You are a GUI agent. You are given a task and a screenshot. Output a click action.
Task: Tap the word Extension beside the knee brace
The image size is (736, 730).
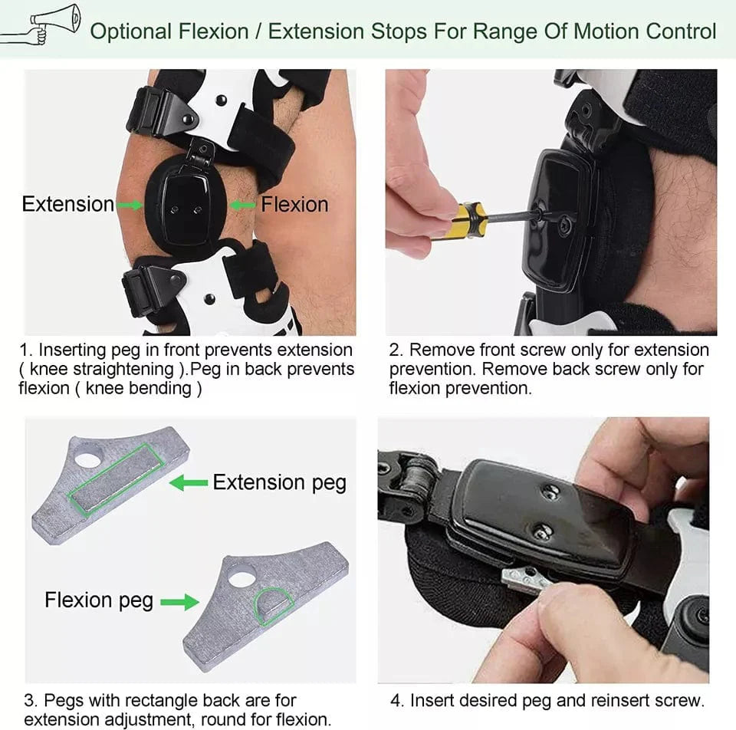tap(67, 204)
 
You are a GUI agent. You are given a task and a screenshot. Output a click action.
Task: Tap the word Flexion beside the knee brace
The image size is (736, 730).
tap(294, 204)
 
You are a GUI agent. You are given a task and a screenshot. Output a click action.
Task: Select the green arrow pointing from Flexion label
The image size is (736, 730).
tap(243, 205)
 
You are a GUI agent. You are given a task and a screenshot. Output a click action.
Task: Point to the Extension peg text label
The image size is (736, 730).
tap(279, 482)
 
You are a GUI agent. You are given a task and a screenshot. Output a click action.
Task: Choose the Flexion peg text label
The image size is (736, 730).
tap(99, 600)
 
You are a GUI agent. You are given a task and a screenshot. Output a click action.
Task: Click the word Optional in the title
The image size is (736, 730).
tap(130, 31)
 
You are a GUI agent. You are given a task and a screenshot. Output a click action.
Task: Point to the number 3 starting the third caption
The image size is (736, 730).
tap(29, 700)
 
